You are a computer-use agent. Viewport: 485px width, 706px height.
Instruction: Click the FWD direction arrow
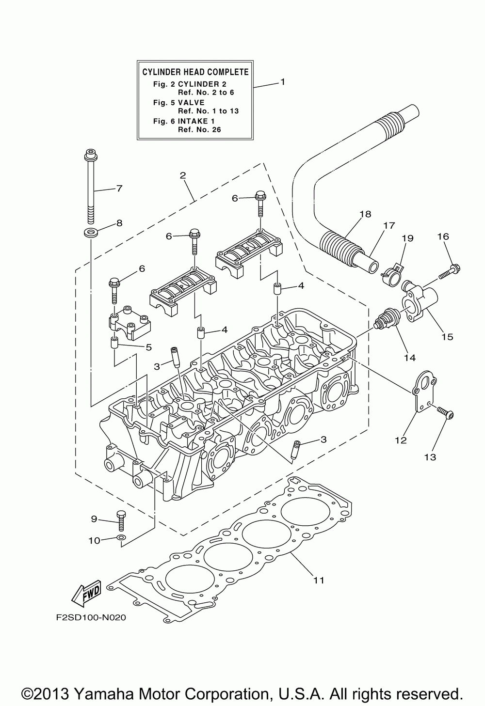click(86, 594)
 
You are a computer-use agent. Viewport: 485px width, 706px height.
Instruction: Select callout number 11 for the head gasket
click(319, 580)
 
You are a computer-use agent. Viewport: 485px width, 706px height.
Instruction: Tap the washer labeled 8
click(91, 233)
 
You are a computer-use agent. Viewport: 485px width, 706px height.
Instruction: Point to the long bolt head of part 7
click(90, 155)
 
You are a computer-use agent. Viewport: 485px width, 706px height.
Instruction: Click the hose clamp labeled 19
click(391, 275)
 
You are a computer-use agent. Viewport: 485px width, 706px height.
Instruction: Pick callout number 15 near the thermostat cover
click(447, 336)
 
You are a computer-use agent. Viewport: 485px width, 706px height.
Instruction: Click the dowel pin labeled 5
click(114, 343)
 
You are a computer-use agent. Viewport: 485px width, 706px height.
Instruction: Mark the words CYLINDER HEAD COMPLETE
click(195, 72)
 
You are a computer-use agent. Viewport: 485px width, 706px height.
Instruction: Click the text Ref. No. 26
click(199, 129)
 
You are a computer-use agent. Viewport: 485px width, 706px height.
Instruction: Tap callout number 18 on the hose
click(365, 214)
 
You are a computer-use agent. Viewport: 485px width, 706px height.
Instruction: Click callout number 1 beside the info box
click(283, 81)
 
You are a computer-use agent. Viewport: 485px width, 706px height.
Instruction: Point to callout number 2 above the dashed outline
click(183, 175)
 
